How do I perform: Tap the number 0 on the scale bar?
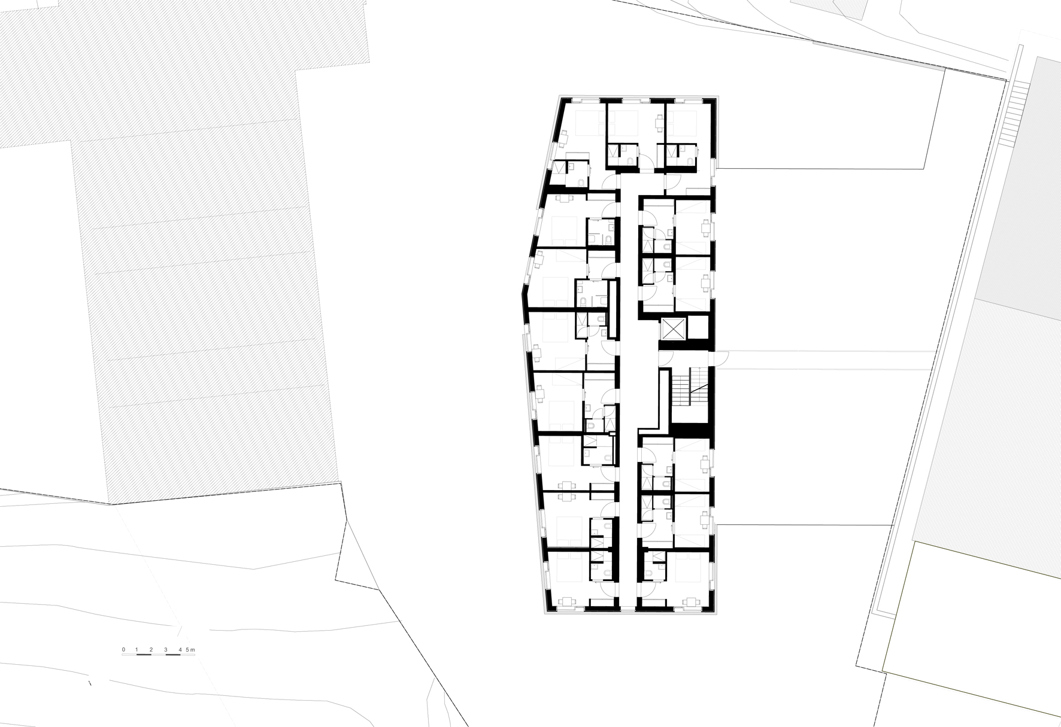(x=123, y=649)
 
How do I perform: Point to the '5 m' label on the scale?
(x=190, y=649)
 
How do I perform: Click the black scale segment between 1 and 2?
(x=144, y=655)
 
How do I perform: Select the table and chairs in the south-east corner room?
(x=693, y=602)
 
